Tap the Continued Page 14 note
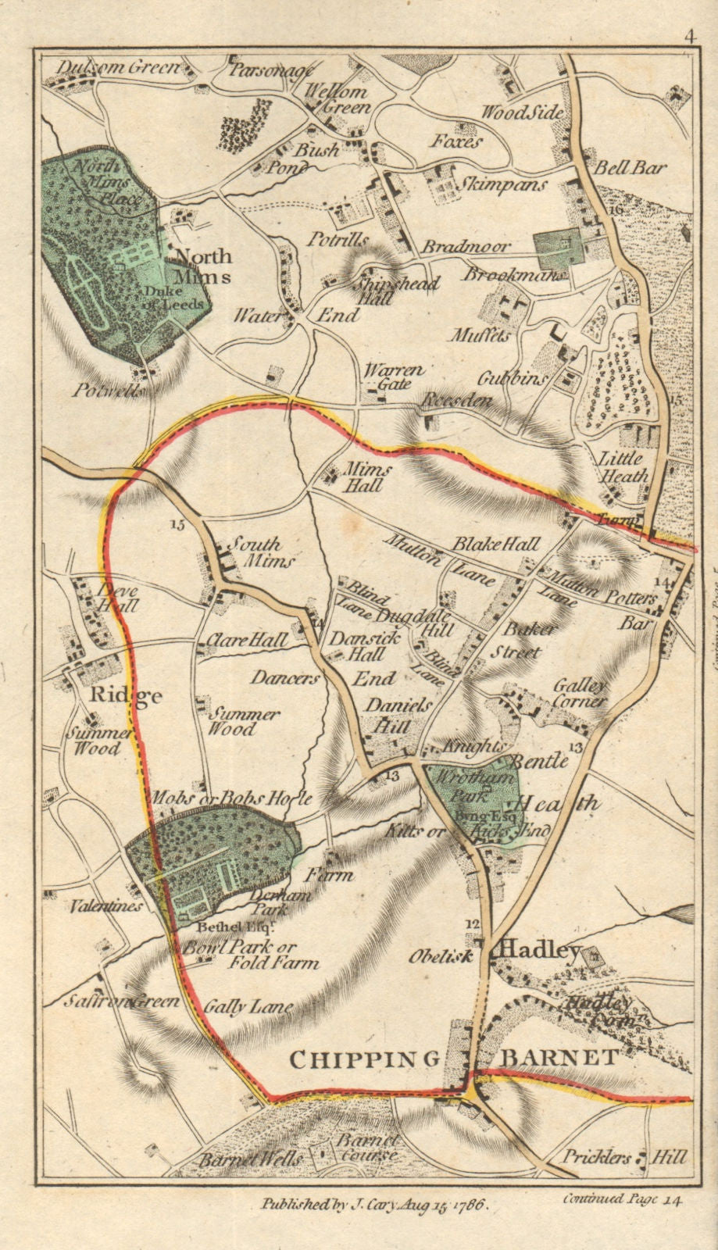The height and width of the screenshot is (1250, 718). [x=621, y=1200]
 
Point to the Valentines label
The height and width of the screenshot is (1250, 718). [x=106, y=905]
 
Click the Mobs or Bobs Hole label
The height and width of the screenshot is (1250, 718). [x=231, y=798]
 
